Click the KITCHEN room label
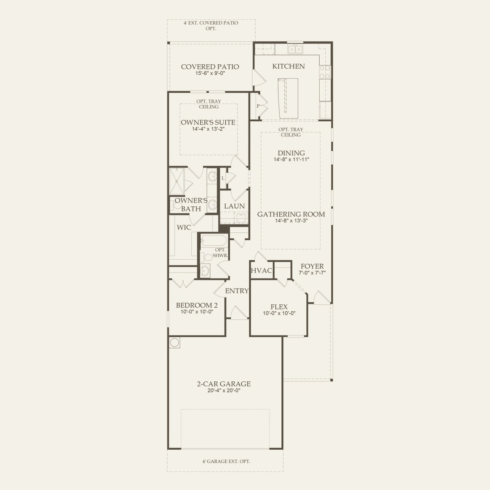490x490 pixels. click(x=288, y=66)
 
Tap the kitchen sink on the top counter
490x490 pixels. click(x=295, y=49)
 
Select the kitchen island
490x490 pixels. click(x=288, y=98)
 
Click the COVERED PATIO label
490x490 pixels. click(x=210, y=67)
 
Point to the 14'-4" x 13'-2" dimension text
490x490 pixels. click(x=208, y=129)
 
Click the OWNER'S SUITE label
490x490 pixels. click(x=208, y=122)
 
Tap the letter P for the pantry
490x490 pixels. click(x=258, y=106)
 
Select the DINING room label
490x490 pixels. click(x=291, y=153)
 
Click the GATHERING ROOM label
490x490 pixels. click(x=291, y=214)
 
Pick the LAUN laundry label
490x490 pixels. click(x=234, y=206)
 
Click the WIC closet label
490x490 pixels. click(x=184, y=227)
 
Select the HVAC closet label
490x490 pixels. click(x=262, y=271)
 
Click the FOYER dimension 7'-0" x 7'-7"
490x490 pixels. click(x=312, y=273)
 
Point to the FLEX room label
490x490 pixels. click(x=279, y=307)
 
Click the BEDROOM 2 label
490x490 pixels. click(x=197, y=305)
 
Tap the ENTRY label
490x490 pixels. click(x=237, y=291)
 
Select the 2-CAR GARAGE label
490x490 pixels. click(x=224, y=384)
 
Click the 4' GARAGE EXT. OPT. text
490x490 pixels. click(x=224, y=461)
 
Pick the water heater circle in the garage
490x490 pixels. click(x=175, y=343)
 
